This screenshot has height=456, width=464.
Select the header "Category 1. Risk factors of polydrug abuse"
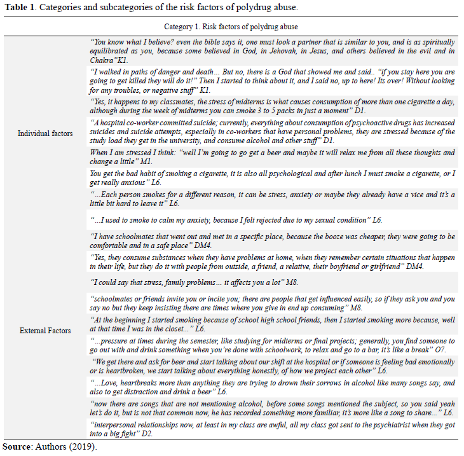(x=231, y=27)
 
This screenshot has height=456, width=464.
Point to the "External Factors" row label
(x=45, y=330)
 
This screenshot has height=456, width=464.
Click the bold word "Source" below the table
(x=15, y=446)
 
